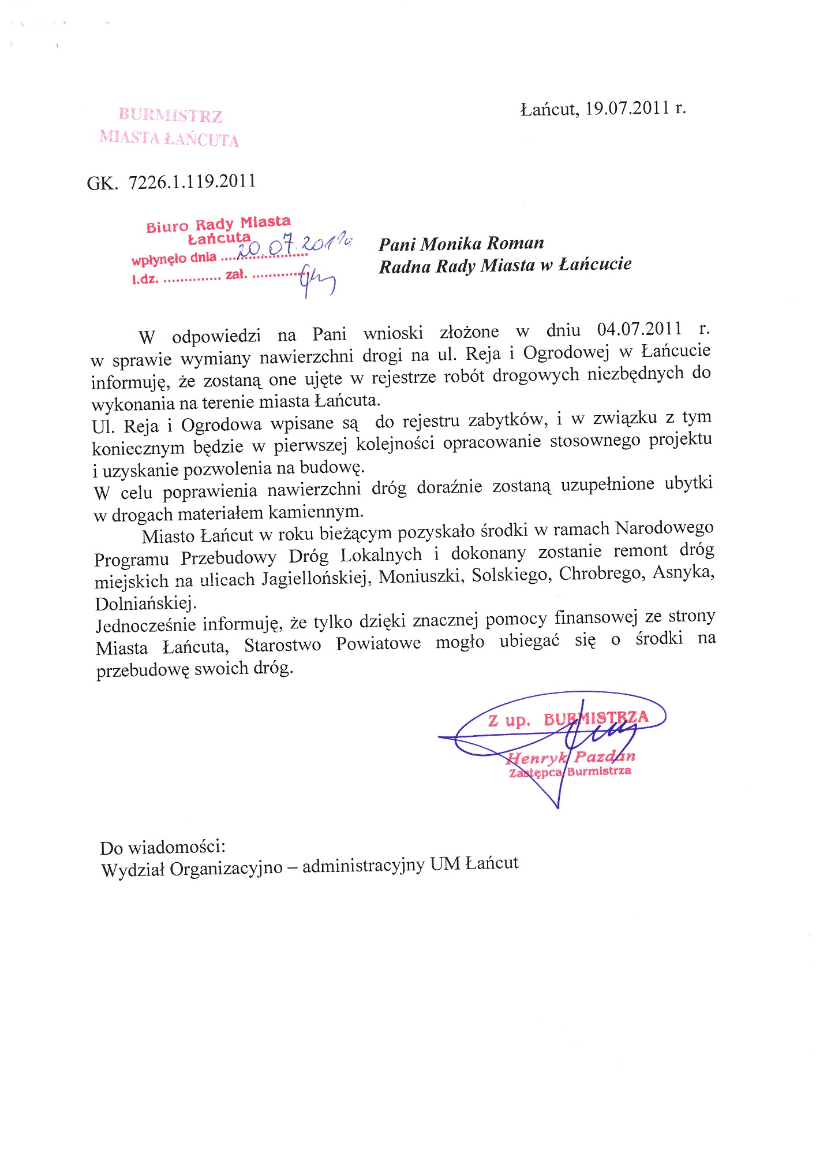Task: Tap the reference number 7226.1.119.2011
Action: pyautogui.click(x=192, y=182)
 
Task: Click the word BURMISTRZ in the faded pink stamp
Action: pyautogui.click(x=171, y=115)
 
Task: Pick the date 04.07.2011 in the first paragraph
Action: pyautogui.click(x=639, y=329)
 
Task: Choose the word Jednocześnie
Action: pyautogui.click(x=147, y=625)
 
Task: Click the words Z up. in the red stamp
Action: pyautogui.click(x=508, y=721)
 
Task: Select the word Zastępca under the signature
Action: pyautogui.click(x=535, y=773)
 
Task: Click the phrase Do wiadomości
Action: pyautogui.click(x=162, y=848)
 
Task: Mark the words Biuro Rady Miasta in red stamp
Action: pyautogui.click(x=218, y=224)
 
